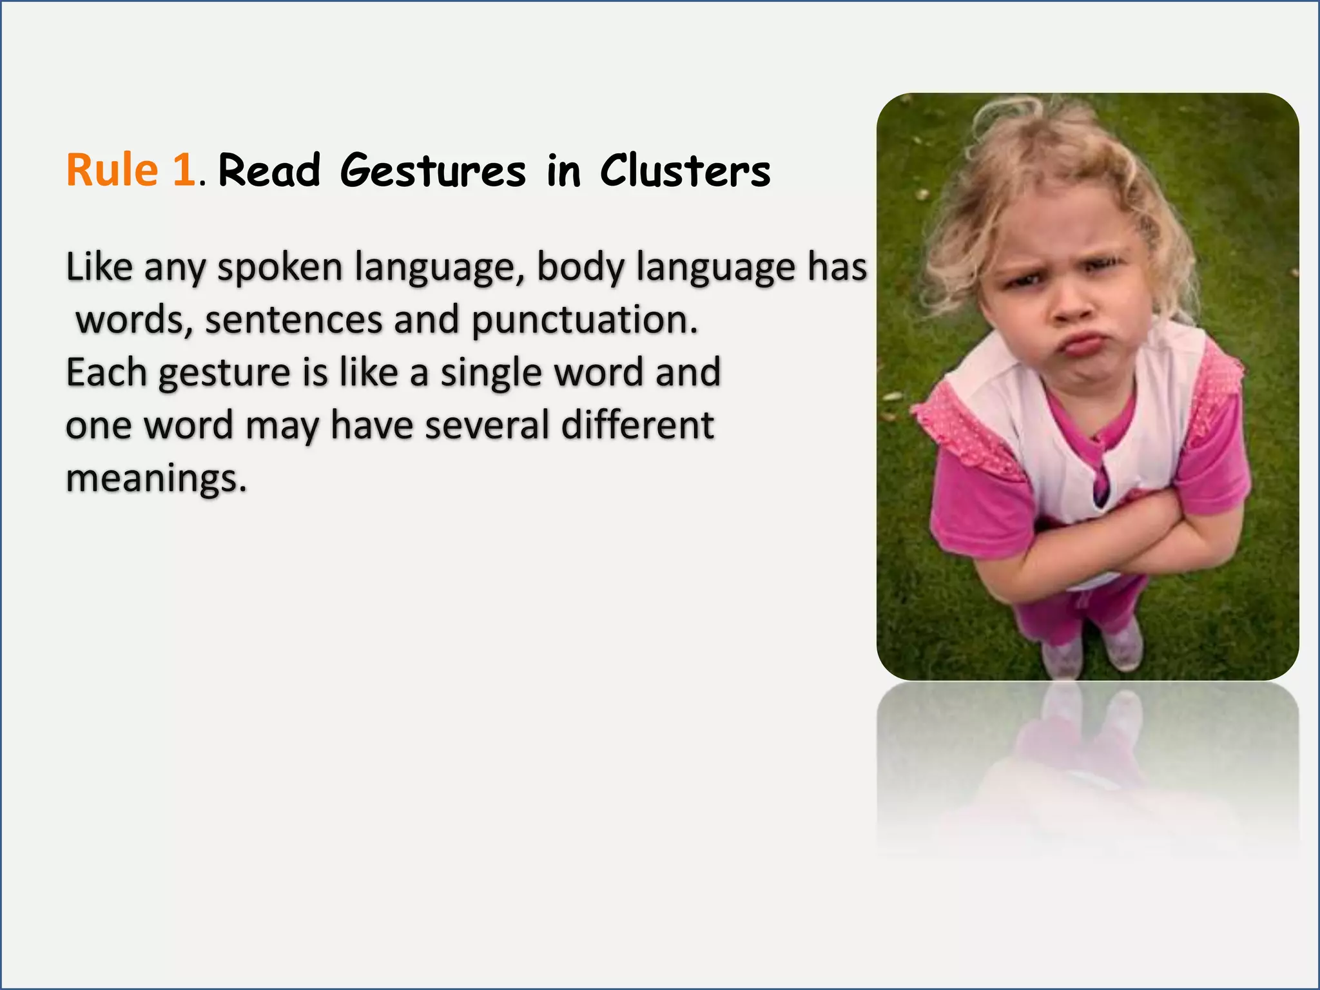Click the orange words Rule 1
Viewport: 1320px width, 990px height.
(x=131, y=170)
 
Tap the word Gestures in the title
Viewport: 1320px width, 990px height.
(x=433, y=171)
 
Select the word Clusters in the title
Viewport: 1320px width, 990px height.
(x=685, y=171)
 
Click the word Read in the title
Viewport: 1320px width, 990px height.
(x=269, y=171)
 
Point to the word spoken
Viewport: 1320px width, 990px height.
(x=280, y=267)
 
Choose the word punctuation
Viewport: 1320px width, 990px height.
(x=585, y=320)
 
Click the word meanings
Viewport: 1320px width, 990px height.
(x=156, y=480)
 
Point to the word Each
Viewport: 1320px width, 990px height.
(x=106, y=373)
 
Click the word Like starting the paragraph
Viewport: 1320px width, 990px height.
(x=99, y=267)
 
